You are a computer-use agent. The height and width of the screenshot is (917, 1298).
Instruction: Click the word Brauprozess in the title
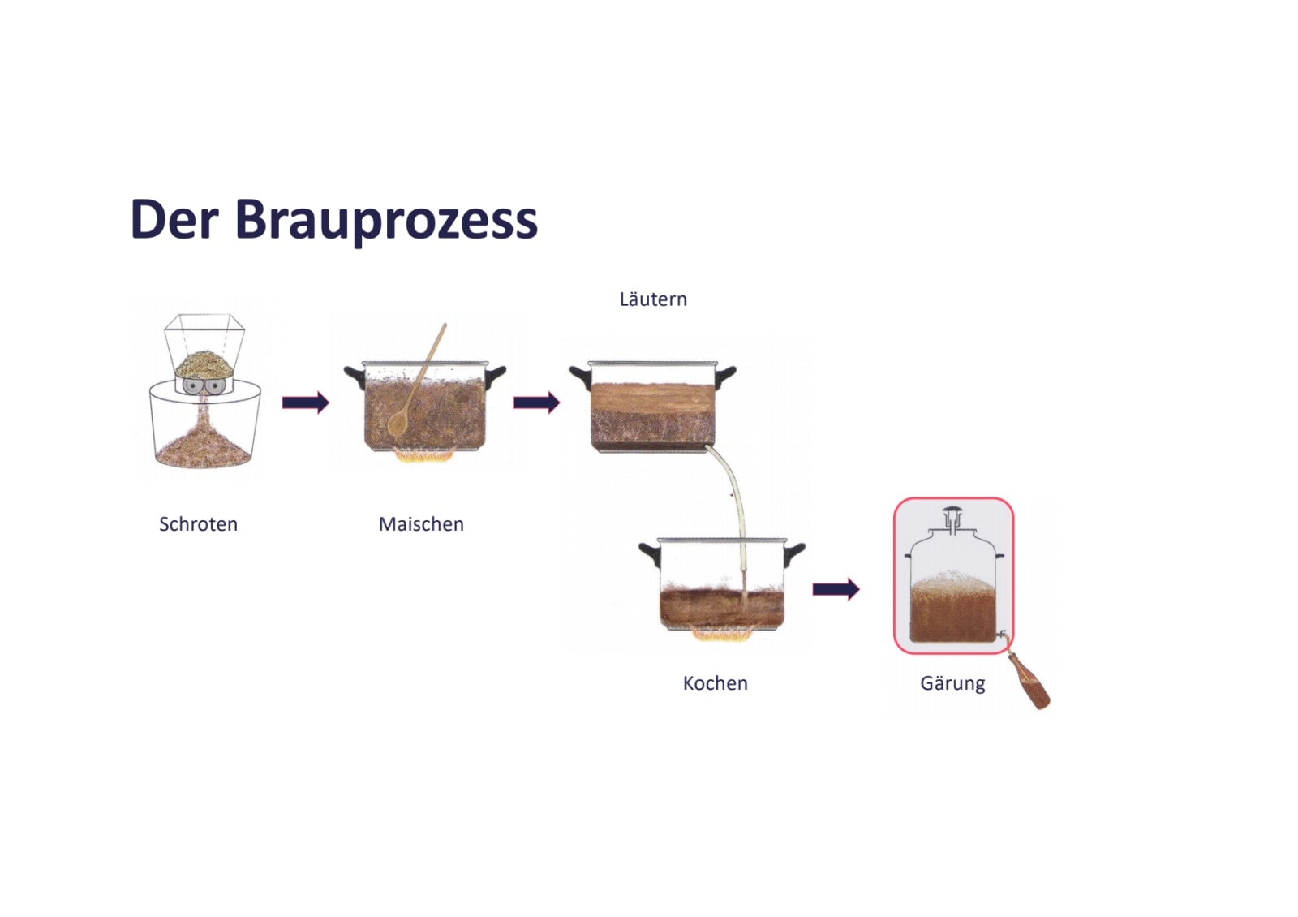[x=386, y=221]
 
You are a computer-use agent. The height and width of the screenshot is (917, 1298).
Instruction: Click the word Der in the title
[x=174, y=219]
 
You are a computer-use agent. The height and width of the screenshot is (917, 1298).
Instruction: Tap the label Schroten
[x=198, y=524]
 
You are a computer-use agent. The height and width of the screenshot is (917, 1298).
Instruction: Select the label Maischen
[x=421, y=524]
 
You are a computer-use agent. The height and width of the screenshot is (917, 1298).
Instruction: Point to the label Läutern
[x=653, y=299]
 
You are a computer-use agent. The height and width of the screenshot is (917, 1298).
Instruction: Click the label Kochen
[x=715, y=683]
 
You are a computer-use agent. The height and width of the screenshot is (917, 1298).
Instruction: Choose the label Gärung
[x=952, y=683]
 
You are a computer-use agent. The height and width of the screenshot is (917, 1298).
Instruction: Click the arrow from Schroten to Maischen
[x=305, y=403]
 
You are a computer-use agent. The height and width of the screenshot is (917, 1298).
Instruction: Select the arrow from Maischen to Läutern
[x=536, y=403]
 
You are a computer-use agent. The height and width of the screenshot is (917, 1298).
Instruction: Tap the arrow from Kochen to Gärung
[x=836, y=589]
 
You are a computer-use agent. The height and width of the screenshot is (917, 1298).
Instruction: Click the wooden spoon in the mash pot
[x=417, y=381]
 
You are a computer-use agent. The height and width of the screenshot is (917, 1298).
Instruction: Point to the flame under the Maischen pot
[x=423, y=457]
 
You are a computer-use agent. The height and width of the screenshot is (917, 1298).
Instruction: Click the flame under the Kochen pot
[x=721, y=635]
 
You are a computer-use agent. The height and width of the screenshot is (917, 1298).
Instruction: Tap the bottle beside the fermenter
[x=1029, y=682]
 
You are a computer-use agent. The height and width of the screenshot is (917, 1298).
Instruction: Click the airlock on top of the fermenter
[x=952, y=518]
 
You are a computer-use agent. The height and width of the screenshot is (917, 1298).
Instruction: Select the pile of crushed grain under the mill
[x=204, y=451]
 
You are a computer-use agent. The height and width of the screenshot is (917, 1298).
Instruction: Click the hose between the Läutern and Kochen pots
[x=737, y=503]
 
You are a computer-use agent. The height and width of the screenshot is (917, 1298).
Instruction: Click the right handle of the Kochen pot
[x=794, y=553]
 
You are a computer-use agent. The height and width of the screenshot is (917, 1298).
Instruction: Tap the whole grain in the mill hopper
[x=204, y=362]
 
